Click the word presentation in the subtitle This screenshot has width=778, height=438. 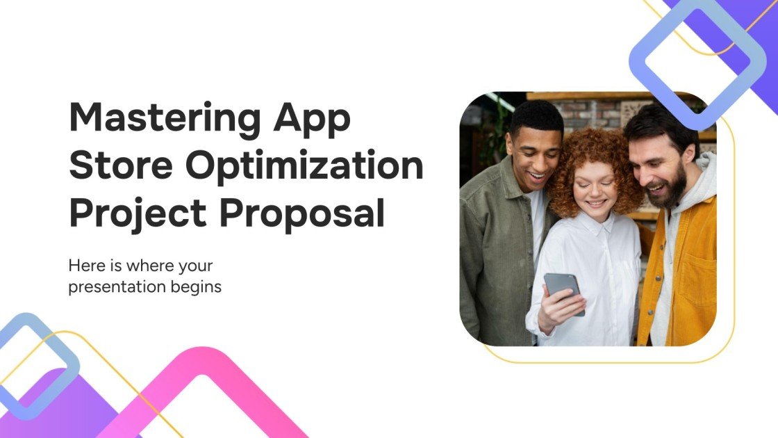(x=114, y=286)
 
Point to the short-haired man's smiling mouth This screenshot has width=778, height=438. (x=537, y=177)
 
